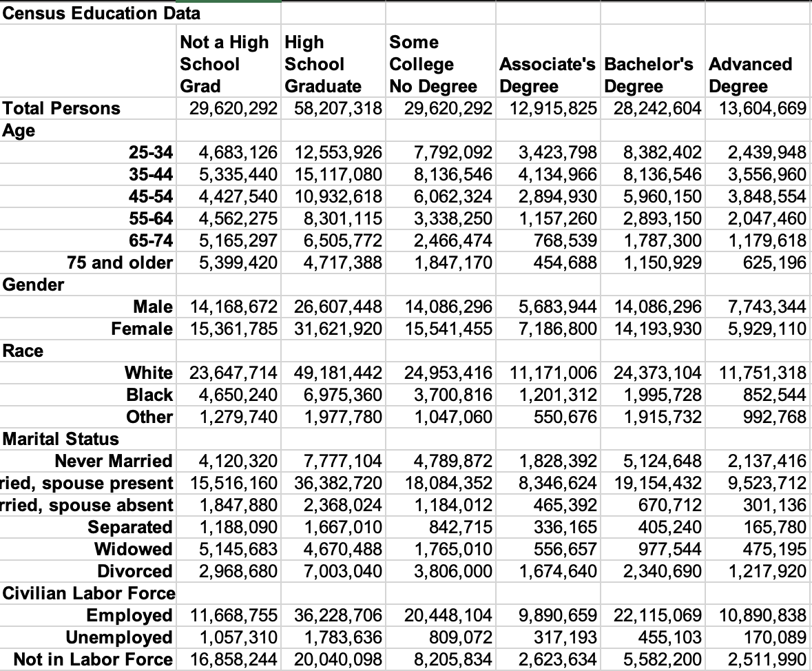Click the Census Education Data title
(x=101, y=13)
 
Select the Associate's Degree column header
(x=549, y=75)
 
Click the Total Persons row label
(x=61, y=108)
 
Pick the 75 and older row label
(x=120, y=262)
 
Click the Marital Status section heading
(x=61, y=439)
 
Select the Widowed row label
(x=133, y=549)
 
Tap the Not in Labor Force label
(x=93, y=659)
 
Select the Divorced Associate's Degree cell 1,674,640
(x=559, y=571)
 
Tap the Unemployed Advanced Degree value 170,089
(x=771, y=637)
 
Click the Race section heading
(x=23, y=351)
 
